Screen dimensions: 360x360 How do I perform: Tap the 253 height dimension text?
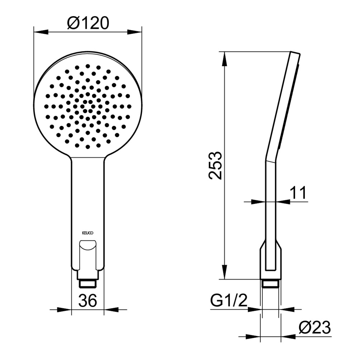215,165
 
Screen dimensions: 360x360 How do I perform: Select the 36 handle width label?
88,300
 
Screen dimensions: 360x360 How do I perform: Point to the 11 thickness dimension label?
298,193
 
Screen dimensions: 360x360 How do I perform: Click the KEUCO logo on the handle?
88,233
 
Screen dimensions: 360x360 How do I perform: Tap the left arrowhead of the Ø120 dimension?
41,32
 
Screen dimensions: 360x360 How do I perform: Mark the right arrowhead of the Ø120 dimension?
134,32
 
